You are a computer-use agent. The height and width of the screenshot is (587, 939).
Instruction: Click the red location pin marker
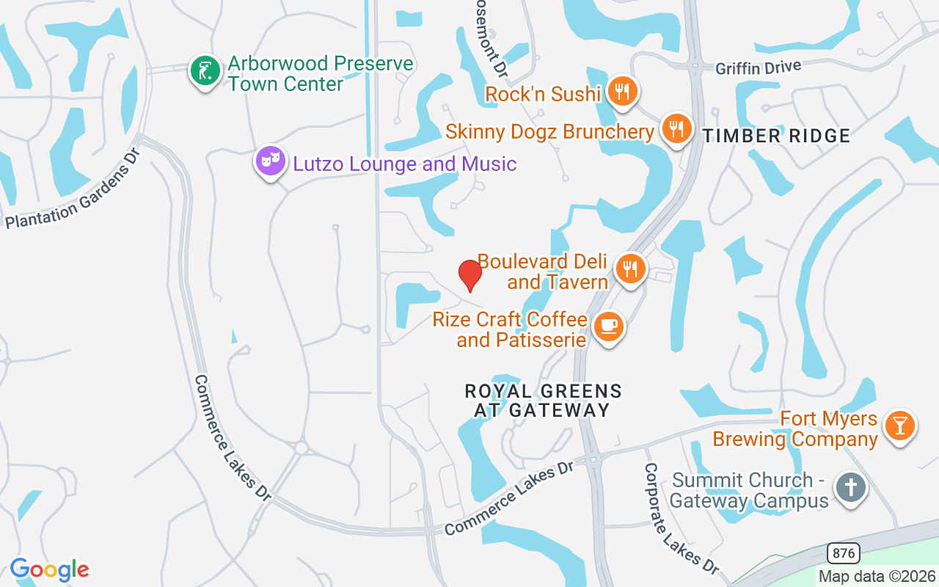[469, 275]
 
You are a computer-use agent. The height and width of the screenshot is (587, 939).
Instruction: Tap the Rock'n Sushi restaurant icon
[622, 92]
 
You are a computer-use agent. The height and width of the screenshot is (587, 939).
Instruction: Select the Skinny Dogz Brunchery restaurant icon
[676, 129]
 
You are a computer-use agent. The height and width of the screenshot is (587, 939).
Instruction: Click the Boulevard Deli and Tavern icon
[629, 269]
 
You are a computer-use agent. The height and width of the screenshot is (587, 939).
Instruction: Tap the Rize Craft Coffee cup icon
[607, 327]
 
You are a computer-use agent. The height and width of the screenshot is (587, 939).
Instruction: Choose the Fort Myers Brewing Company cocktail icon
[899, 426]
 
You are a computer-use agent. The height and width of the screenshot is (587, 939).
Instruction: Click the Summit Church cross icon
[850, 488]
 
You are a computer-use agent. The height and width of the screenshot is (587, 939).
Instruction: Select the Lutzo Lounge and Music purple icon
[270, 161]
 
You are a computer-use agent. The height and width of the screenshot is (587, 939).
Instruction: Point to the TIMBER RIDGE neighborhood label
[776, 136]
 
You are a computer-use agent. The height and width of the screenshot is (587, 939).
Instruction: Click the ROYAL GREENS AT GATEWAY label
[543, 401]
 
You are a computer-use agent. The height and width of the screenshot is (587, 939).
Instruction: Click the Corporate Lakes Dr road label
[682, 519]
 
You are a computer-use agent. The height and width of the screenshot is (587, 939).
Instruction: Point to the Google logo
[49, 569]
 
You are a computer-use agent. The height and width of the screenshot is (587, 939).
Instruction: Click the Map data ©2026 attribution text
[877, 576]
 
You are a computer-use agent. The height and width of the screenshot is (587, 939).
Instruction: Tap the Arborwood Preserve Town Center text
[320, 73]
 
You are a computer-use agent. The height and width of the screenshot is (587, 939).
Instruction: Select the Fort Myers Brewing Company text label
[795, 429]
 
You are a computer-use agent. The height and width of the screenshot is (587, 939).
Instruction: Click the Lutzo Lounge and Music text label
[404, 164]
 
